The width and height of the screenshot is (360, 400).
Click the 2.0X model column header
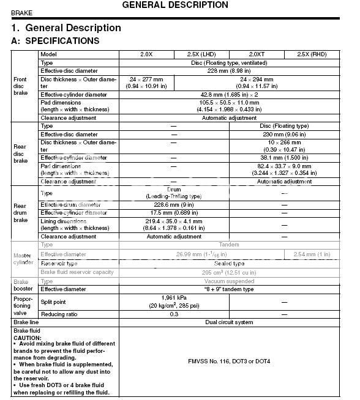pos(147,54)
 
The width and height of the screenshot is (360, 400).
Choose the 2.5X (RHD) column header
pos(312,54)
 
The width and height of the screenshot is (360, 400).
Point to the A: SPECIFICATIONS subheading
pos(56,41)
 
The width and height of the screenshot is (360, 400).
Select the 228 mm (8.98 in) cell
pos(229,70)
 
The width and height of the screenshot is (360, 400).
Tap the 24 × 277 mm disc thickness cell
pos(146,83)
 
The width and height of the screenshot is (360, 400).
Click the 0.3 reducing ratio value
pos(174,313)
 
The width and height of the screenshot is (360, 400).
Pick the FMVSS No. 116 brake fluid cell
pos(229,361)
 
